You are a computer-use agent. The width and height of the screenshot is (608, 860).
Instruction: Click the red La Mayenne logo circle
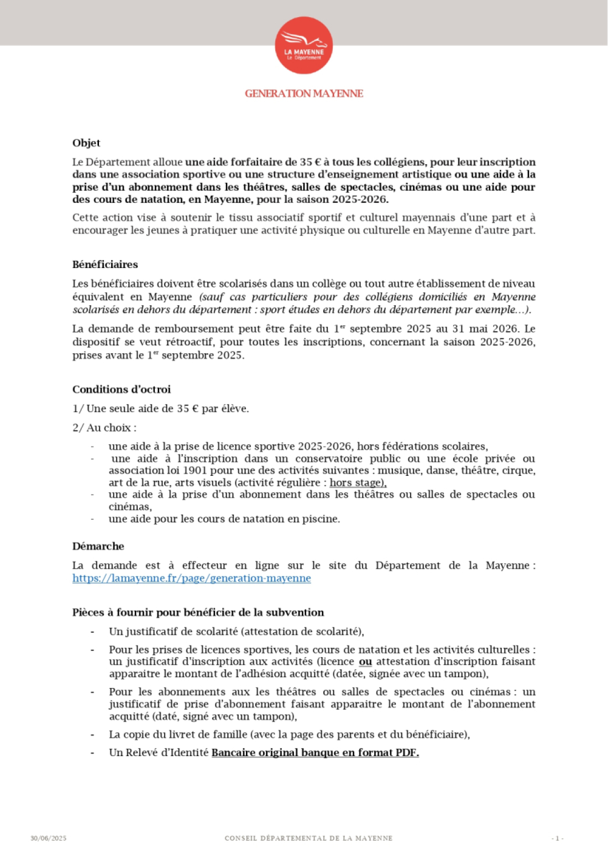[x=303, y=45]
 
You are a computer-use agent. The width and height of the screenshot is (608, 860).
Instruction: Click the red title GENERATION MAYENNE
[x=303, y=93]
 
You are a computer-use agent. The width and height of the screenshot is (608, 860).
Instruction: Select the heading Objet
[x=86, y=143]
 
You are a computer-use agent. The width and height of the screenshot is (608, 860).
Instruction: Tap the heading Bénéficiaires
[x=105, y=264]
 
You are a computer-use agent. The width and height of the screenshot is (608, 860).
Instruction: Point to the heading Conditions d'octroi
[x=122, y=389]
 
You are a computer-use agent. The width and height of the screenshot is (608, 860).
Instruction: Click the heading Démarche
[x=98, y=546]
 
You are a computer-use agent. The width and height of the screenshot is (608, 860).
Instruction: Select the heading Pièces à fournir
[x=198, y=612]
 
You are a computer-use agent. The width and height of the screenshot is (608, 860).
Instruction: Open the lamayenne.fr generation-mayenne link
[x=191, y=578]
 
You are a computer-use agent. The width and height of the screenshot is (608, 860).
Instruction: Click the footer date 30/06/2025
[x=48, y=838]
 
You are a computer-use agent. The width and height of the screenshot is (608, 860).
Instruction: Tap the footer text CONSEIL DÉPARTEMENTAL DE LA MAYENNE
[x=308, y=838]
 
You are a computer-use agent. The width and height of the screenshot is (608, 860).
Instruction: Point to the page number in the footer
[x=558, y=838]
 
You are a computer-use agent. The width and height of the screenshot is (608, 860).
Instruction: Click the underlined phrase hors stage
[x=358, y=483]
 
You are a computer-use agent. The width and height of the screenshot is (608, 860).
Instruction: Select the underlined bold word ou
[x=365, y=662]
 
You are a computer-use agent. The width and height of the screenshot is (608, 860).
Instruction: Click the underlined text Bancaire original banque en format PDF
[x=315, y=752]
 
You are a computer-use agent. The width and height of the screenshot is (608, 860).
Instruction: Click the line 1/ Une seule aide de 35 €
[x=160, y=408]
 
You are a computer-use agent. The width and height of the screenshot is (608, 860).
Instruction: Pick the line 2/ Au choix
[x=104, y=427]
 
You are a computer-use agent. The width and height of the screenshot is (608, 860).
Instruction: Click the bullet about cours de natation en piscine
[x=224, y=518]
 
